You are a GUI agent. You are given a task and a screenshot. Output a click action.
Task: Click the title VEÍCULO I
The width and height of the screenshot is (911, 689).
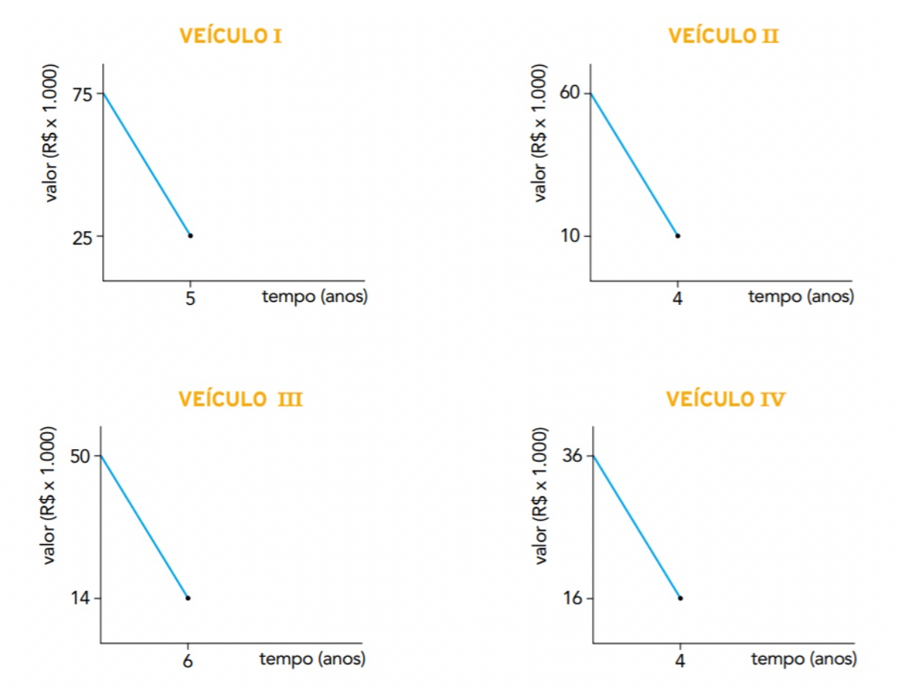click(231, 35)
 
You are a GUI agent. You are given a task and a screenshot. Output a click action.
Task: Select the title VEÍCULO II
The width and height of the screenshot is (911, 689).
click(723, 35)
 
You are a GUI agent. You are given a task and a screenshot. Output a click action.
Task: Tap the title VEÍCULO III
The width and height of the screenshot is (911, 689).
click(240, 398)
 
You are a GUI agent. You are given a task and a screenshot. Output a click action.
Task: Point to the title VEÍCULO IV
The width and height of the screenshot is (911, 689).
click(725, 398)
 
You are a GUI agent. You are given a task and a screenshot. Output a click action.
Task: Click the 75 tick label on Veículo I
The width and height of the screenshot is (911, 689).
click(82, 93)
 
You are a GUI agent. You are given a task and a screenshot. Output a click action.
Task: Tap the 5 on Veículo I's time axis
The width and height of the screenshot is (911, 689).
click(190, 300)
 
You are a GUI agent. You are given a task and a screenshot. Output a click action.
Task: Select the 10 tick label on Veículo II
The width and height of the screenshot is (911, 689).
click(570, 236)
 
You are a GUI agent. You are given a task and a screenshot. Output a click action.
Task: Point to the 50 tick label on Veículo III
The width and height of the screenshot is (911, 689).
click(80, 456)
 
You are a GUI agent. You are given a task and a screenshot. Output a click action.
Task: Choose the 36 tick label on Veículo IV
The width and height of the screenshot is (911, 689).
click(573, 456)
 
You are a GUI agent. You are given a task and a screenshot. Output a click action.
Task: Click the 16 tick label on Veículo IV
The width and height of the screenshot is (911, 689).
click(573, 598)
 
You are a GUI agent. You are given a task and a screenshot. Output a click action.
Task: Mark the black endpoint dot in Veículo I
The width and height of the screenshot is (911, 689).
click(190, 235)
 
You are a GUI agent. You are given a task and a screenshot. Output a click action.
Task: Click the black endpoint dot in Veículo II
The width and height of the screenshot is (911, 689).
click(677, 235)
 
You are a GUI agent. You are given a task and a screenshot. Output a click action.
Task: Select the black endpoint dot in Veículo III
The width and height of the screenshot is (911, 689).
click(187, 598)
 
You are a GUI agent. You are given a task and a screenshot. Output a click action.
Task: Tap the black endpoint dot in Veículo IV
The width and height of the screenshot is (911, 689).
click(680, 598)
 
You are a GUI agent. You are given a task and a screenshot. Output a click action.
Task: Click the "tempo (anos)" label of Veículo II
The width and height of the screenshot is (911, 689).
click(800, 297)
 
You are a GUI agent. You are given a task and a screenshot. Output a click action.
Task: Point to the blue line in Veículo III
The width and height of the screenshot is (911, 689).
click(144, 527)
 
